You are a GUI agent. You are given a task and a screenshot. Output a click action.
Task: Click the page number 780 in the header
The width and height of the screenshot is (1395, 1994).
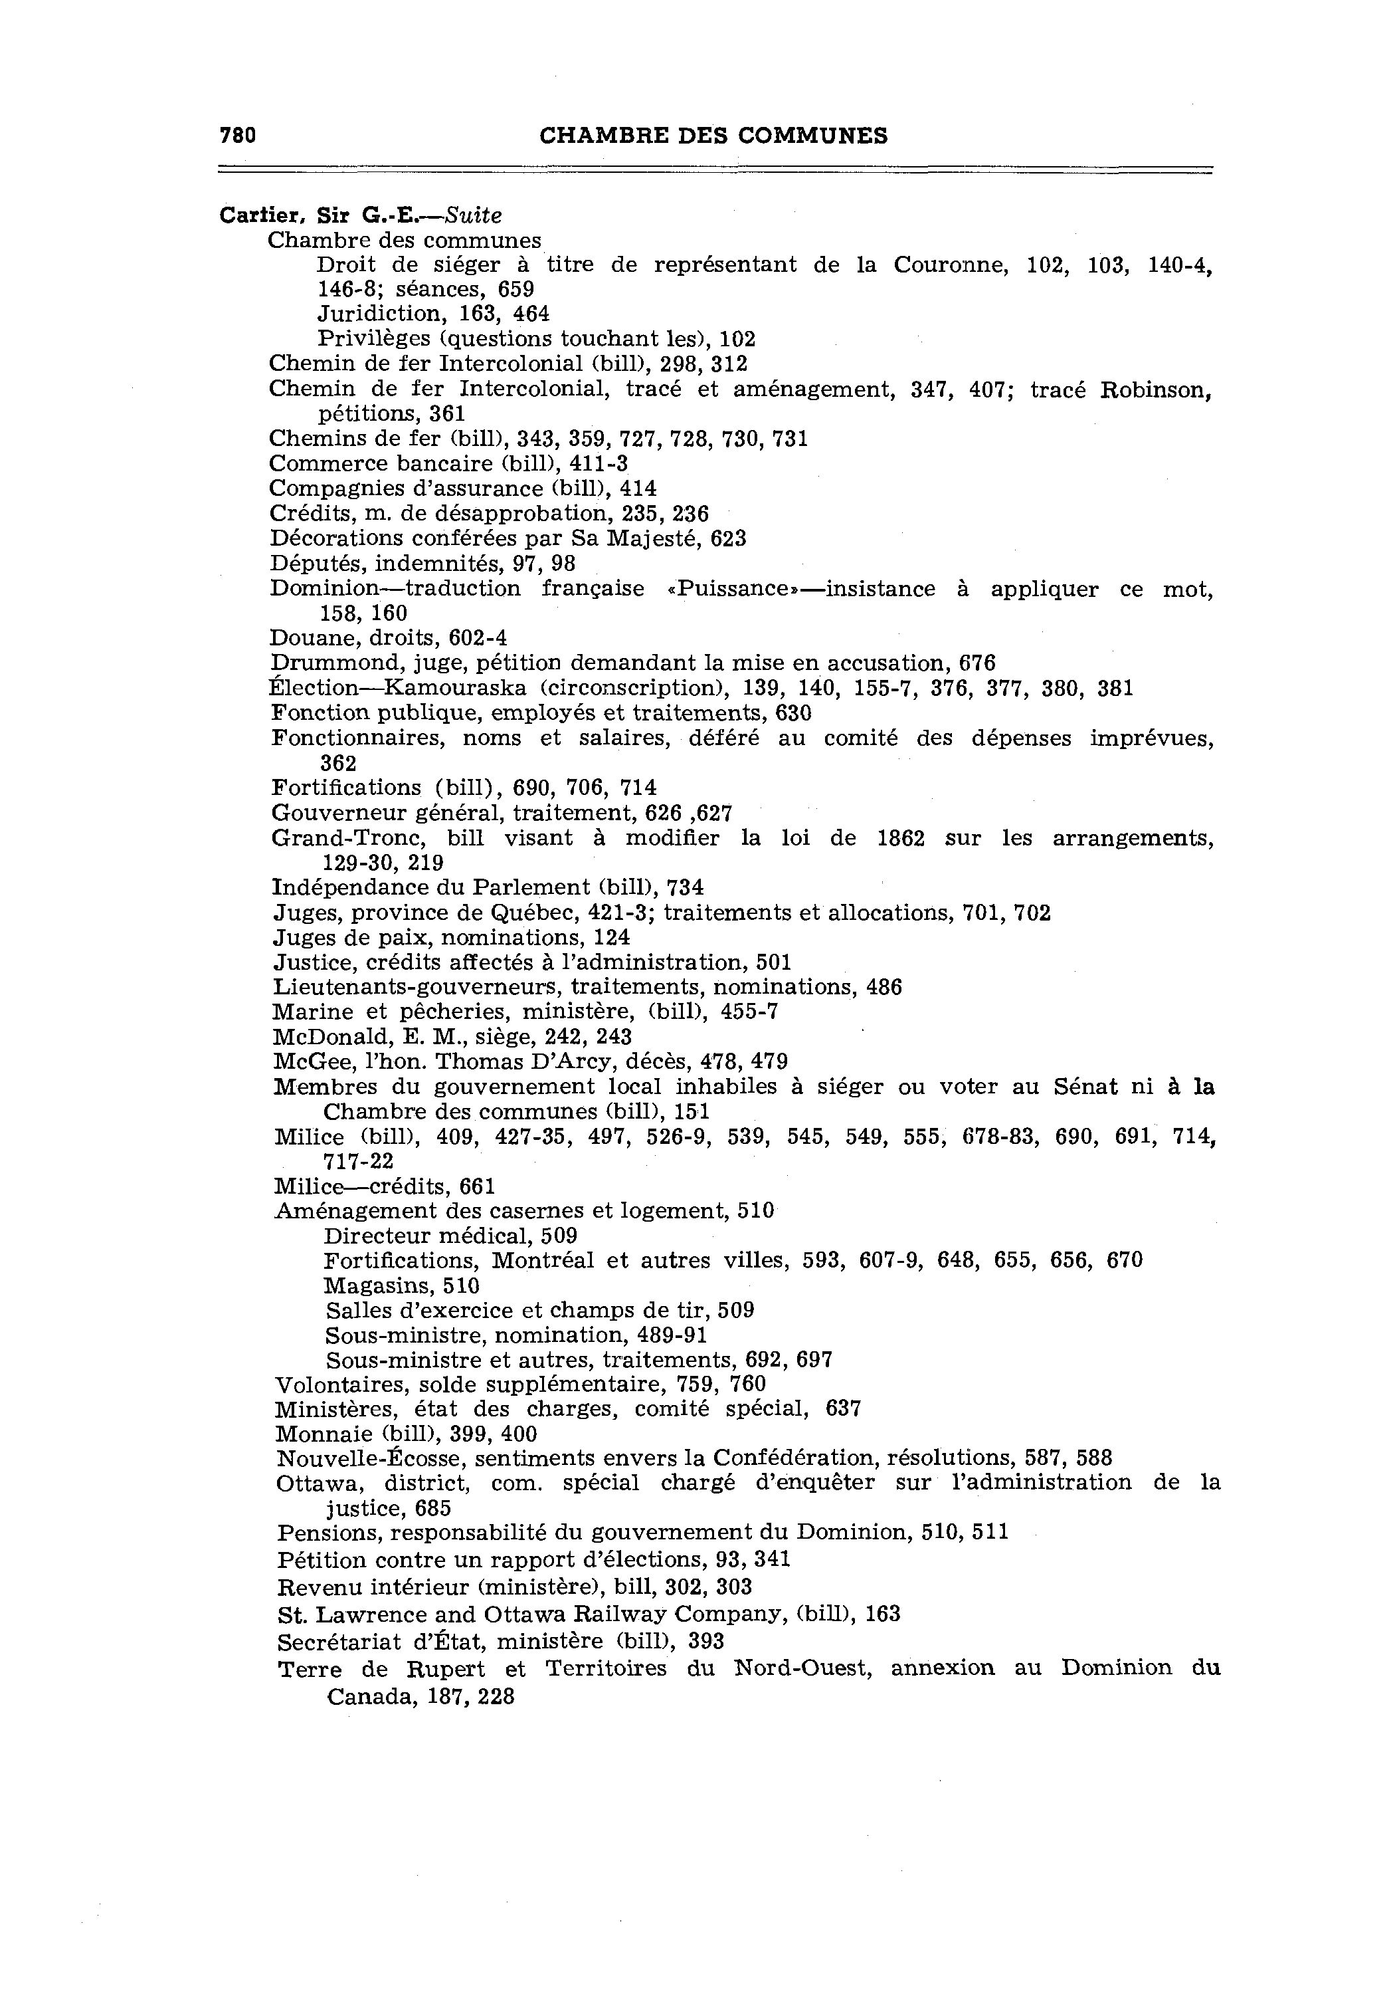(238, 136)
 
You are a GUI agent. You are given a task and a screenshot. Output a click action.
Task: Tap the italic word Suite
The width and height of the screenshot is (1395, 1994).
(473, 215)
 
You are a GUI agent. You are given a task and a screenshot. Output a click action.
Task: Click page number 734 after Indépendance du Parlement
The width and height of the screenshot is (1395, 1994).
(685, 887)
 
